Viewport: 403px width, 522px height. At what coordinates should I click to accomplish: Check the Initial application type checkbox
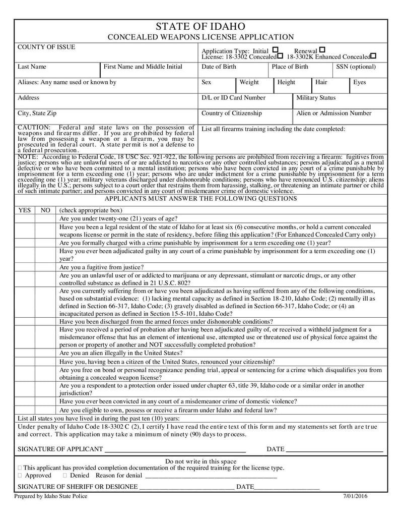point(275,50)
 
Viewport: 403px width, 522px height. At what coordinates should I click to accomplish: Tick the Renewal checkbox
point(322,50)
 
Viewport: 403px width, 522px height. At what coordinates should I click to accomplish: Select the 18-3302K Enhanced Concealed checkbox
point(373,56)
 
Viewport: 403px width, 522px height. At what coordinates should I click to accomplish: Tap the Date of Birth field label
point(219,67)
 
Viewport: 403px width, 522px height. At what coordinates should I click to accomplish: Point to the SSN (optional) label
point(356,67)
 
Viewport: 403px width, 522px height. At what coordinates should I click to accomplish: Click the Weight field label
point(249,82)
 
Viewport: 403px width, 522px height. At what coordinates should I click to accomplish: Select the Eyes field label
point(359,82)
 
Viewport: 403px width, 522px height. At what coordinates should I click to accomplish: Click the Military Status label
point(316,98)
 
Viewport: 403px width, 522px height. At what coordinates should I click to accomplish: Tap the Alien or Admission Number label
point(334,113)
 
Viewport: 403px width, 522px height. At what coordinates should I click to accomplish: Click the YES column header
point(24,210)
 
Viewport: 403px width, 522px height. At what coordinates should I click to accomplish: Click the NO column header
point(45,210)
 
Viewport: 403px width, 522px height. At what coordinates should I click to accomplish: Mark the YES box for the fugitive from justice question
point(24,267)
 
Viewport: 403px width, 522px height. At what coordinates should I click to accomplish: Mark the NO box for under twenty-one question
point(45,218)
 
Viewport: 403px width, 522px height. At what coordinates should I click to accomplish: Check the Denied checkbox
point(65,476)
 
